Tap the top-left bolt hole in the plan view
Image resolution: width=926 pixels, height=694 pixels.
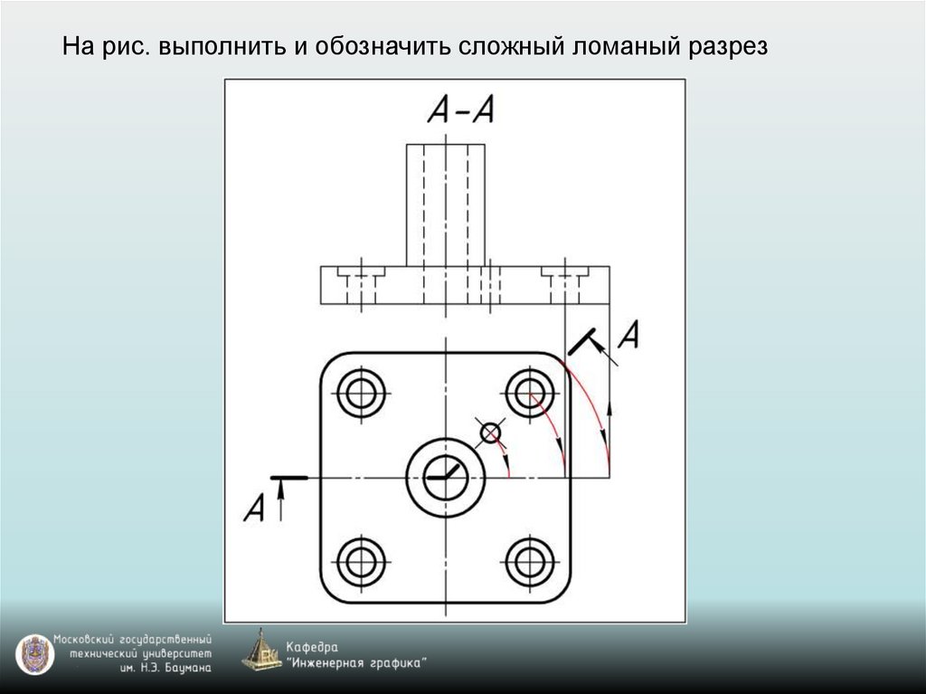[x=361, y=393]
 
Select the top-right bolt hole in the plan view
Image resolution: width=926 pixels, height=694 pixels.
[x=530, y=392]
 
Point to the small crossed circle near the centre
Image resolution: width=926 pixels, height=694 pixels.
[x=490, y=433]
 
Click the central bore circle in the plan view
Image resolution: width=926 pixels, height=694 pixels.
[x=446, y=476]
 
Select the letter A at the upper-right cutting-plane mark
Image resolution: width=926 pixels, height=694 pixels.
[x=629, y=336]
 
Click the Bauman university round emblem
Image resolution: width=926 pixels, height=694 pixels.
[x=34, y=654]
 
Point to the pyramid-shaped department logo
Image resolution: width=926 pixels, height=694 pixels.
[x=260, y=651]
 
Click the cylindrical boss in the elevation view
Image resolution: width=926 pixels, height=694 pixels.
[x=445, y=204]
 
